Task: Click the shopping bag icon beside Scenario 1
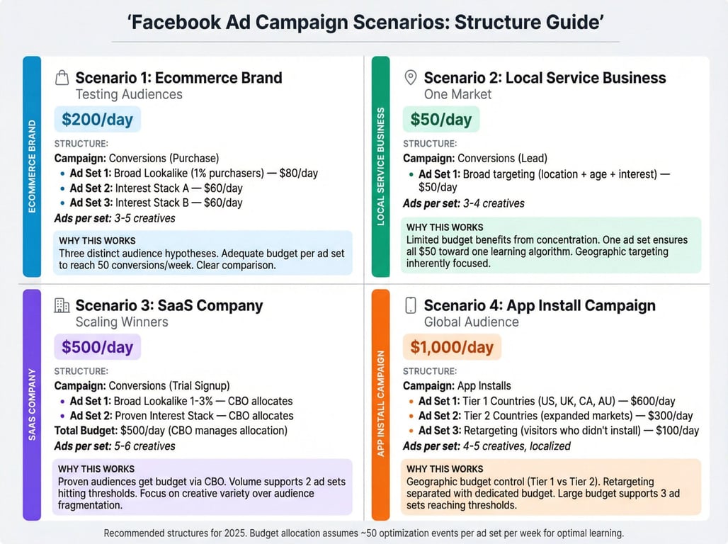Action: [x=62, y=78]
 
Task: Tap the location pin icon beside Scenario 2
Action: [x=411, y=78]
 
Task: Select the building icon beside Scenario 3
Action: [x=62, y=305]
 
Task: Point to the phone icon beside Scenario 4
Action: [x=411, y=305]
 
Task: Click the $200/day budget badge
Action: [x=98, y=120]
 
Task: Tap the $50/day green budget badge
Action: [x=441, y=120]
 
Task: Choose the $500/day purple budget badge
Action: [x=98, y=347]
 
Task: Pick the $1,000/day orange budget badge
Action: [x=452, y=347]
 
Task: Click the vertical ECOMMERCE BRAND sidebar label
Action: [x=32, y=166]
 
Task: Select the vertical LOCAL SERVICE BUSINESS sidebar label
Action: [x=381, y=166]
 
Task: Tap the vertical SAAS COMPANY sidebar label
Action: [x=32, y=404]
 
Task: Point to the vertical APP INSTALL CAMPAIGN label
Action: [x=381, y=403]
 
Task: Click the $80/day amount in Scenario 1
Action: [x=299, y=174]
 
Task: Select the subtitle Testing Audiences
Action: [x=129, y=94]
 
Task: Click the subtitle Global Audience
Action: [x=471, y=322]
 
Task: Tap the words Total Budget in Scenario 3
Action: [x=86, y=431]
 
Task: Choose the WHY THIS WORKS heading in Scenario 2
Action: [x=445, y=227]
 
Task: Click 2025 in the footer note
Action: [x=234, y=533]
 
